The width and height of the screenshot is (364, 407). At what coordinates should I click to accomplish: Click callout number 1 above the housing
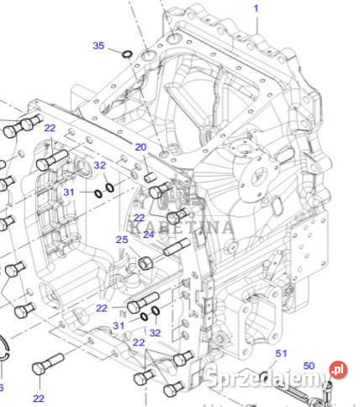[257, 8]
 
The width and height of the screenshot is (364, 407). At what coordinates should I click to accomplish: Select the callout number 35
[98, 45]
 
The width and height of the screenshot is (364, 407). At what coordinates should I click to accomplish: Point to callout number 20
[140, 148]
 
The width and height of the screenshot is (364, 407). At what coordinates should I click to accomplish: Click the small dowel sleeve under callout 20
[151, 177]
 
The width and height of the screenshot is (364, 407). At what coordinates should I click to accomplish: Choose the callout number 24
[149, 235]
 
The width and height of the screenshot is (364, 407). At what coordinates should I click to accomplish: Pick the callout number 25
[122, 240]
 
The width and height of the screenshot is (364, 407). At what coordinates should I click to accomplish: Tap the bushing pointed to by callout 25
[144, 263]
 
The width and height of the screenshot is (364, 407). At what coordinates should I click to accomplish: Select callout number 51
[282, 354]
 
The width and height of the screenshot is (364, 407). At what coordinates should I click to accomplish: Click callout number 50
[309, 366]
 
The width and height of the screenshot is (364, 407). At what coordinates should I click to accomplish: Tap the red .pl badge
[338, 369]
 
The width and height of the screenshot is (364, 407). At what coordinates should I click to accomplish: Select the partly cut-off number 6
[2, 388]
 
